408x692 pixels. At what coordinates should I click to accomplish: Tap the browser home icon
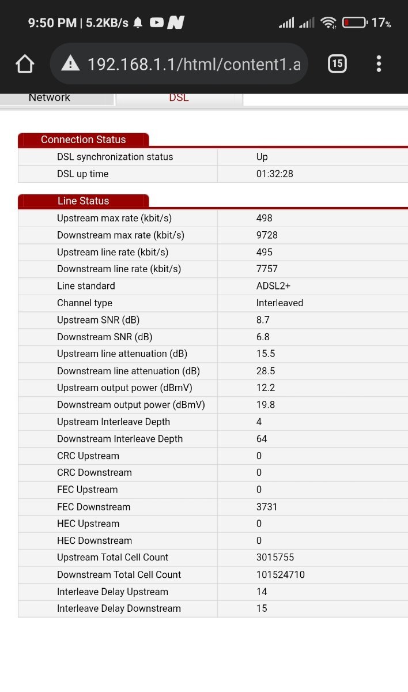(25, 63)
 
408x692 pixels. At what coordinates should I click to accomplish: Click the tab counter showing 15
(337, 63)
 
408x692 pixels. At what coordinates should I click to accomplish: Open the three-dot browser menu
(379, 63)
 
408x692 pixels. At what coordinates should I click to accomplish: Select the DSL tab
(179, 97)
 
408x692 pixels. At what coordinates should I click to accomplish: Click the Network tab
(50, 97)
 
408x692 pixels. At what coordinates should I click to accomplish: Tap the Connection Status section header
(83, 140)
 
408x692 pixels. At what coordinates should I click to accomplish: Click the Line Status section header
(83, 201)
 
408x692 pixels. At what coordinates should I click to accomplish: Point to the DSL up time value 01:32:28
(275, 174)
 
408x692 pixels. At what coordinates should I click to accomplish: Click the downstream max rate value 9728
(266, 235)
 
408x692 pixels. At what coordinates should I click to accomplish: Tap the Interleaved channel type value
(279, 303)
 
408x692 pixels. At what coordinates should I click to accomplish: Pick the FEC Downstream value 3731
(267, 507)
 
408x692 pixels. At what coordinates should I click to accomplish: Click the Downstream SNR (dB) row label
(104, 337)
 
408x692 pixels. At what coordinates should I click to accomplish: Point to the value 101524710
(281, 574)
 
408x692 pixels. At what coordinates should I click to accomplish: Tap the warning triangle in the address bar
(70, 63)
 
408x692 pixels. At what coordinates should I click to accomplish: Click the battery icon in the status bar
(354, 22)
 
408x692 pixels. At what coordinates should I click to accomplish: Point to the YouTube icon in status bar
(156, 22)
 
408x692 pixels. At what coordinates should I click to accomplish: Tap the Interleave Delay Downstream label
(119, 608)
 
